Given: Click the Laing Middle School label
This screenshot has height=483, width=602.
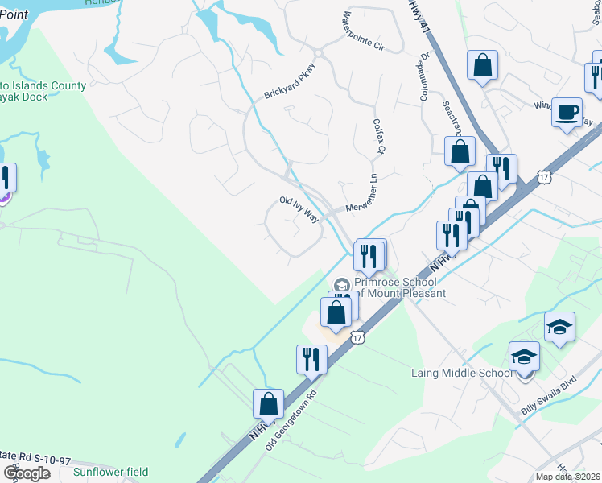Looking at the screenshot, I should [461, 373].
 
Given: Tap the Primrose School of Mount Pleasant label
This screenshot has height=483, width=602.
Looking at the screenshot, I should [394, 287].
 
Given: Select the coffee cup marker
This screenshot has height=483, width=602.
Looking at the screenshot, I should [567, 112].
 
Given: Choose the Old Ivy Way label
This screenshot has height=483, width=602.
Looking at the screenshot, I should [299, 208].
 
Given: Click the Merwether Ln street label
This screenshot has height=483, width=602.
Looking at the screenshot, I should [361, 197].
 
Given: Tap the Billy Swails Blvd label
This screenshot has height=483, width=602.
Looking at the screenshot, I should [550, 398].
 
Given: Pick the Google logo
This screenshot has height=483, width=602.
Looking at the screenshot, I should [27, 473].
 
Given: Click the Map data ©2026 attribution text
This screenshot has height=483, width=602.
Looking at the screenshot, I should [567, 477].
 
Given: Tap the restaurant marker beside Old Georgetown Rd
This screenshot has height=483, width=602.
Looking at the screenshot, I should [311, 359].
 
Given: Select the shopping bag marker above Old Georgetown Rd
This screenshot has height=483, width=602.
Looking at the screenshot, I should [269, 403].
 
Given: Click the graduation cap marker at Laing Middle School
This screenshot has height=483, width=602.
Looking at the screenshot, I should [524, 356].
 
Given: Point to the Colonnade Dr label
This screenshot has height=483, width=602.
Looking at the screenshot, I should [423, 77].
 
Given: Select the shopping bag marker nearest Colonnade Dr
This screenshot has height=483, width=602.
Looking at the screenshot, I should [460, 151].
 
